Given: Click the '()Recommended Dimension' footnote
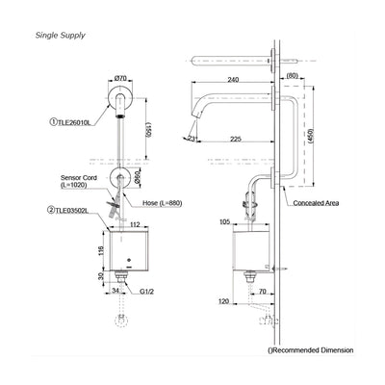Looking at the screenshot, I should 310,350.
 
